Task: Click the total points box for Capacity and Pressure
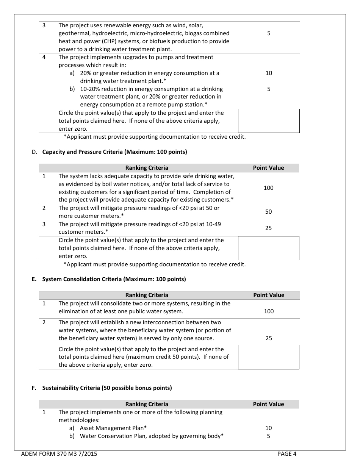click(268, 248)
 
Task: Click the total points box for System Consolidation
click(268, 357)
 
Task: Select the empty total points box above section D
click(268, 121)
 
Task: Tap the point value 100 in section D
click(268, 188)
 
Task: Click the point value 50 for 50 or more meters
click(268, 212)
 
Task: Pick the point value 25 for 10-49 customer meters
click(268, 228)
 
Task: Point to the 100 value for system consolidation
click(269, 311)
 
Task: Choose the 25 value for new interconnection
click(269, 338)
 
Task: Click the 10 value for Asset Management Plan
click(269, 428)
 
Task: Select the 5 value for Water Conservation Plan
click(269, 436)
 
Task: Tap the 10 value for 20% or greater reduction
click(269, 73)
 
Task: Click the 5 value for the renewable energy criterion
click(269, 33)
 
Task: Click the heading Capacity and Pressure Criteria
click(114, 152)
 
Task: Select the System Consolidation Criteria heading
click(114, 279)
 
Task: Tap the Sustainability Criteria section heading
click(107, 388)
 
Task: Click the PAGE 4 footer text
click(286, 454)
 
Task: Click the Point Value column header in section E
click(268, 295)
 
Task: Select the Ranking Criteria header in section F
click(147, 404)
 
